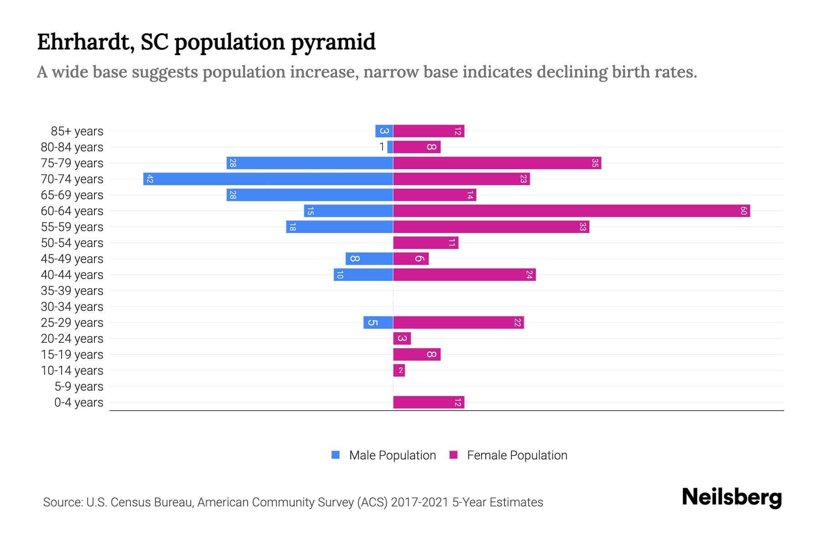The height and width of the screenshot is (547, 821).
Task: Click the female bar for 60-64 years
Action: [x=571, y=211]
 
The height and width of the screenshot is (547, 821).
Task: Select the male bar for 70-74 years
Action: [x=268, y=179]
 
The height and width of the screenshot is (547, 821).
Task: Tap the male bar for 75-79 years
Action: [x=310, y=163]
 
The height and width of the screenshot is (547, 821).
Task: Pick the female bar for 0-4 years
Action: [x=428, y=403]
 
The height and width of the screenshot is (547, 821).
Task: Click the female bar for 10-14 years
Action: [x=399, y=371]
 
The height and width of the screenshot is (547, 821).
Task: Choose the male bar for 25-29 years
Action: [x=378, y=323]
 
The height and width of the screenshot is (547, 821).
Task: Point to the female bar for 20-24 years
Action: [x=402, y=339]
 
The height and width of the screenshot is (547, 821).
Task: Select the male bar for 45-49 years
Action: [x=369, y=259]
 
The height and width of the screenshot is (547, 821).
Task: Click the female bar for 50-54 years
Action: [x=426, y=243]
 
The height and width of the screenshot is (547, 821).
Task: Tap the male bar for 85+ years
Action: [x=384, y=131]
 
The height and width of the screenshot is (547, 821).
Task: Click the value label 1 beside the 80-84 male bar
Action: [x=382, y=147]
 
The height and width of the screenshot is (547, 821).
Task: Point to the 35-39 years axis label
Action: [x=72, y=291]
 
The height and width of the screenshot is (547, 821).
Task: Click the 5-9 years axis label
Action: [x=78, y=387]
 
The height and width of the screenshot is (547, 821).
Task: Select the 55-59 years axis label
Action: [x=72, y=227]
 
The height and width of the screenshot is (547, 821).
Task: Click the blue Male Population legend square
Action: [x=336, y=455]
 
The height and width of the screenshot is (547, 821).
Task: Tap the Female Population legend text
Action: [x=517, y=455]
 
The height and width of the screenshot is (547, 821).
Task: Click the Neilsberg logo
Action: [x=732, y=497]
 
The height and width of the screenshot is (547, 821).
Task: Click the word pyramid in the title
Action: [x=333, y=42]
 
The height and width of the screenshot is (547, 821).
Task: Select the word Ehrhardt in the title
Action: [x=85, y=42]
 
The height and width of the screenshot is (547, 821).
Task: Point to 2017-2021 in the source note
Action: [x=420, y=502]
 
